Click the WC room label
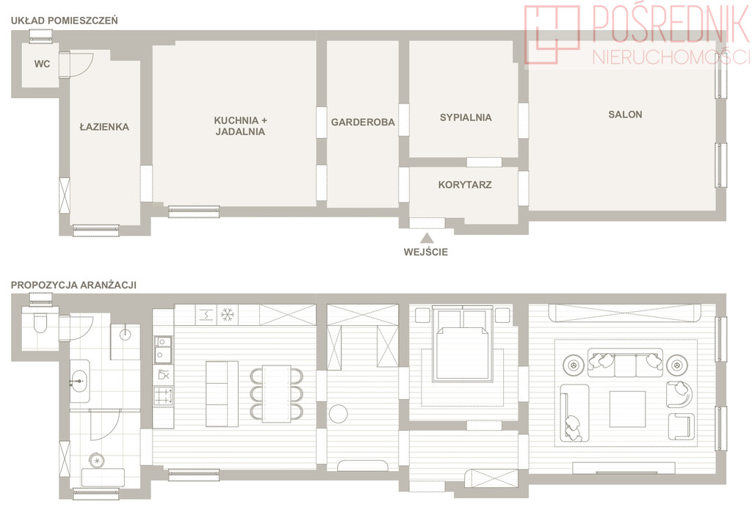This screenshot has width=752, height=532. pyautogui.click(x=42, y=64)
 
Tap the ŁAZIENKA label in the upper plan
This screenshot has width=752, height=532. pyautogui.click(x=104, y=126)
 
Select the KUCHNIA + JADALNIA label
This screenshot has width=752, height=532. pyautogui.click(x=240, y=126)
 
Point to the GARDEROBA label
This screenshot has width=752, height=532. pyautogui.click(x=363, y=123)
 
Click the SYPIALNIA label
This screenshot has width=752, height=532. pyautogui.click(x=466, y=117)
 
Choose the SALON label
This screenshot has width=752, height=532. pyautogui.click(x=625, y=114)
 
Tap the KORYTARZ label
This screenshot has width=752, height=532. pyautogui.click(x=465, y=184)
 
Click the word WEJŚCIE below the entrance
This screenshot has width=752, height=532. pyautogui.click(x=426, y=252)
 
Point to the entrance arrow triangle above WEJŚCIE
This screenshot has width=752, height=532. pyautogui.click(x=427, y=238)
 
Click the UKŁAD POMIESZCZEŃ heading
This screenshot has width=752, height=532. pyautogui.click(x=65, y=21)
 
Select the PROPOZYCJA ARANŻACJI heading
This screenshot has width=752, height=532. pyautogui.click(x=74, y=285)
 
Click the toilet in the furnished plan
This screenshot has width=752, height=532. pyautogui.click(x=40, y=322)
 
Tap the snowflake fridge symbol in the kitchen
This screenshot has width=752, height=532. pyautogui.click(x=227, y=315)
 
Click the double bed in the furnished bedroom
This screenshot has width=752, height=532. pyautogui.click(x=463, y=345)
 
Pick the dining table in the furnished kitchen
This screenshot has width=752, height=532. pyautogui.click(x=277, y=393)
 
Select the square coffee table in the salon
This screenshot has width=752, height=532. pyautogui.click(x=627, y=409)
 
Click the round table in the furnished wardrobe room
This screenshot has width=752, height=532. pyautogui.click(x=339, y=414)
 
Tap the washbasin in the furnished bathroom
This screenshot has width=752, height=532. pyautogui.click(x=79, y=381)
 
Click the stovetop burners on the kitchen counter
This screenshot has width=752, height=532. pyautogui.click(x=163, y=396)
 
